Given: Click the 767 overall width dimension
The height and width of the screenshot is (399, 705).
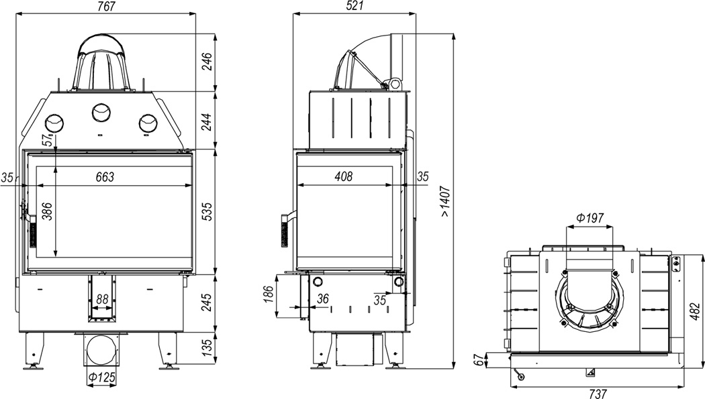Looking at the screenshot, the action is point(105,6).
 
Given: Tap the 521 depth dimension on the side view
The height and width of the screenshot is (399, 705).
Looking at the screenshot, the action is point(355,6).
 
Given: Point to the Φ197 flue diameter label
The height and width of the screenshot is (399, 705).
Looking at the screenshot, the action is point(590,219).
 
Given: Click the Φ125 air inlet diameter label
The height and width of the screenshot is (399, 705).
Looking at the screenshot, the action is point(101,378).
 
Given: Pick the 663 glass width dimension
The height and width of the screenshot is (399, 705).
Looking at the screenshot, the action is point(105,177).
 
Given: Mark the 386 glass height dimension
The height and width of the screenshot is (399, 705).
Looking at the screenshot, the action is point(47,212).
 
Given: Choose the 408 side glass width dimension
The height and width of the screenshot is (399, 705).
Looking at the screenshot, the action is point(344,177).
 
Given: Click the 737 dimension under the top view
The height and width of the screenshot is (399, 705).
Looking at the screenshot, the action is point(598,393).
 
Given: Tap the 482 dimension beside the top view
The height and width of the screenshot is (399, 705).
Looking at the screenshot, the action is point(695,312).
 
